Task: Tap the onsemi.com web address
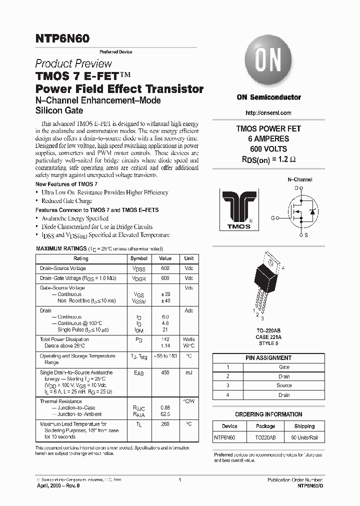[x=268, y=112]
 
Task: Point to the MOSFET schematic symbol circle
[x=300, y=211]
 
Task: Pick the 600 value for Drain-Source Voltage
[x=165, y=268]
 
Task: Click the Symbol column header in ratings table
[x=139, y=258]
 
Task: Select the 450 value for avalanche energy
[x=165, y=372]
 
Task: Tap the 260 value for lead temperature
[x=165, y=424]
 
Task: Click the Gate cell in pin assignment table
[x=283, y=367]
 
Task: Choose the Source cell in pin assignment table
[x=283, y=385]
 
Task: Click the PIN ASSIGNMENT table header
[x=268, y=358]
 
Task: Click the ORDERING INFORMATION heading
[x=268, y=414]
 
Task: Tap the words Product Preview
[x=73, y=64]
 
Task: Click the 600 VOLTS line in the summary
[x=268, y=149]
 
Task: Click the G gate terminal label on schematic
[x=273, y=218]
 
